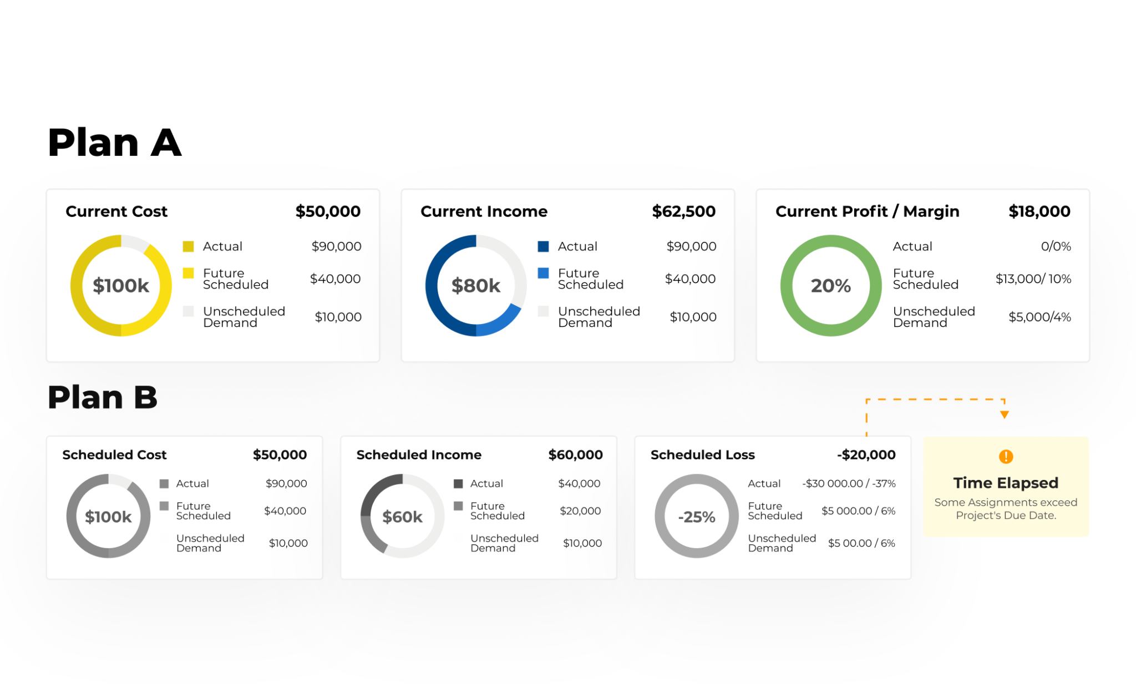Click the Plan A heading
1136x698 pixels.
(x=114, y=143)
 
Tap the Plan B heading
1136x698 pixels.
(x=103, y=397)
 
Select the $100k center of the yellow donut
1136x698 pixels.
(x=121, y=286)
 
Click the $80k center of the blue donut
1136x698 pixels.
(x=475, y=286)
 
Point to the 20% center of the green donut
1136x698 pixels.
(x=830, y=286)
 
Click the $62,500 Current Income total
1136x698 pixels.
(x=683, y=211)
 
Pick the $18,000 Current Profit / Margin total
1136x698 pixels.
(x=1039, y=211)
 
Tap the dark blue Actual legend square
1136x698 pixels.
(x=544, y=246)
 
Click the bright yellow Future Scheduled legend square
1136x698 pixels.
(x=189, y=273)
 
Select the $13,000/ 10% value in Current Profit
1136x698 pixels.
(x=1033, y=279)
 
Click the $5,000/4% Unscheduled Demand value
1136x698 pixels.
(x=1039, y=317)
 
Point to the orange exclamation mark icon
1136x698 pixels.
(x=1006, y=457)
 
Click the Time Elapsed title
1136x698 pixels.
(x=1006, y=483)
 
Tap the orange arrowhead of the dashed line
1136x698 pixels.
(x=1004, y=415)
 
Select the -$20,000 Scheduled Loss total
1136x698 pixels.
(x=866, y=455)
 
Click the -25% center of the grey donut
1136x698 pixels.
(x=697, y=517)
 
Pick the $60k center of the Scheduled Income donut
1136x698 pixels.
(x=402, y=517)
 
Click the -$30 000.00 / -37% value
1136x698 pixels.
(x=849, y=484)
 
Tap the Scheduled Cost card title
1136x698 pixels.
(x=114, y=455)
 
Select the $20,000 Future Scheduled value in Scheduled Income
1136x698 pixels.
(x=580, y=510)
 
